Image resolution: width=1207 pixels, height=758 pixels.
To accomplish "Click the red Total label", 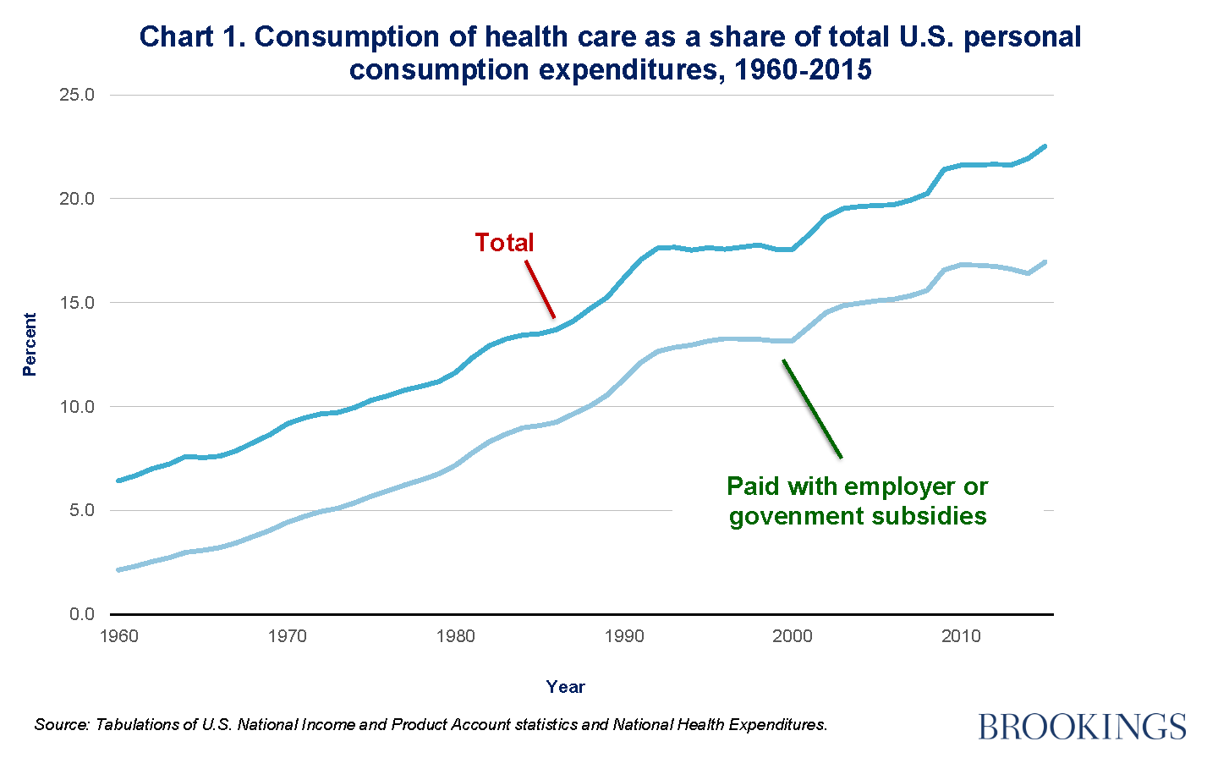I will tap(504, 243).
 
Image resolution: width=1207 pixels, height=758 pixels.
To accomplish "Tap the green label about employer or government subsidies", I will tap(858, 501).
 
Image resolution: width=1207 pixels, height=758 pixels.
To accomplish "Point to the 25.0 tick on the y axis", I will tap(77, 95).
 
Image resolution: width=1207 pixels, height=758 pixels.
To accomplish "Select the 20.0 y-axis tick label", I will tap(77, 199).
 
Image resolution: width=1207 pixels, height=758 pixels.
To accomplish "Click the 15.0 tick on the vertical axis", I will tap(77, 303).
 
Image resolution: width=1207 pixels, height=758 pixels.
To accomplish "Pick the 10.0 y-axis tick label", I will tap(77, 407).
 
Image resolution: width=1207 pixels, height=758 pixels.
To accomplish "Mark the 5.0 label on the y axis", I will tap(81, 511).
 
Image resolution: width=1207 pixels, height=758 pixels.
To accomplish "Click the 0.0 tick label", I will tap(81, 614).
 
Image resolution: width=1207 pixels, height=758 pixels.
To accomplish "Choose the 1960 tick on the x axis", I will tap(119, 636).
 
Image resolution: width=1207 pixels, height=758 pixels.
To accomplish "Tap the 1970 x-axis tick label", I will tap(288, 636).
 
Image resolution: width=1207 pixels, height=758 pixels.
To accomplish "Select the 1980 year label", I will tap(456, 636).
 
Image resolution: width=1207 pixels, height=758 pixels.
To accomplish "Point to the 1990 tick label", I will tap(624, 636).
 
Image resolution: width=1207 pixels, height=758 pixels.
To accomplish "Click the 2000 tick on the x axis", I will tap(793, 636).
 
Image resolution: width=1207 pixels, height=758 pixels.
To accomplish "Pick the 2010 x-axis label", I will tap(961, 636).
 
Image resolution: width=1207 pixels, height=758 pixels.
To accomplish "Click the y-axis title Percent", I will tap(30, 344).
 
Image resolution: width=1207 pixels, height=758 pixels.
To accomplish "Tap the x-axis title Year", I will tap(565, 687).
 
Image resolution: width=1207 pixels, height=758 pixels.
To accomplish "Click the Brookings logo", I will tap(1082, 726).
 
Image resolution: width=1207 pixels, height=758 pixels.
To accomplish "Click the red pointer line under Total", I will tap(540, 289).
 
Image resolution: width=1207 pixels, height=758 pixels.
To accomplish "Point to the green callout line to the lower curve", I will tap(812, 409).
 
